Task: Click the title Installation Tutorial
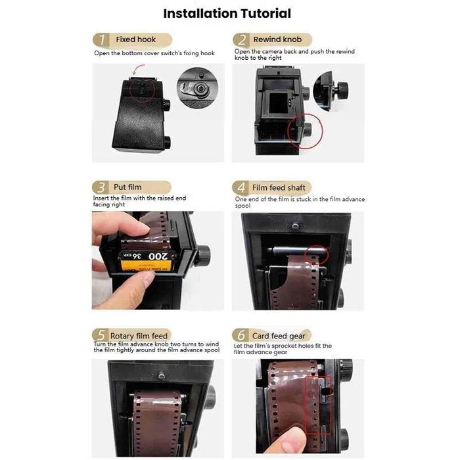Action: [227, 13]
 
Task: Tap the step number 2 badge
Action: [242, 40]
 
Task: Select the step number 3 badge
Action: [101, 187]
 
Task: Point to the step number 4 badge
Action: [242, 187]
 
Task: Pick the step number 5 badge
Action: [101, 336]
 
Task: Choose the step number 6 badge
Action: [242, 336]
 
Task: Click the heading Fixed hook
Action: [136, 39]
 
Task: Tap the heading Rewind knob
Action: [277, 39]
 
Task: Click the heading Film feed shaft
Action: [279, 187]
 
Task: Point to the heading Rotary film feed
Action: [139, 336]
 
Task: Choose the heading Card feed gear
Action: [279, 336]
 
